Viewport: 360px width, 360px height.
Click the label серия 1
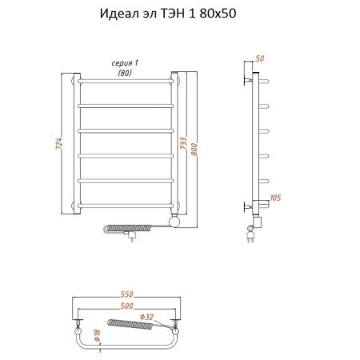124,63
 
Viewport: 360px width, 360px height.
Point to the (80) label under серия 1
124,73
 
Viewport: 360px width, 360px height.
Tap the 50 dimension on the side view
259,58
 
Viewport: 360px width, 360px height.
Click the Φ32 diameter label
157,315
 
